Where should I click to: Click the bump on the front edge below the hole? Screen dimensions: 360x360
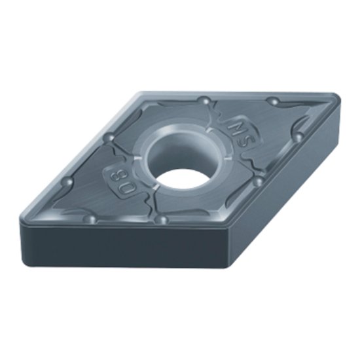click(x=161, y=219)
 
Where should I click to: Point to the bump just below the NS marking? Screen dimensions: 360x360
click(x=259, y=179)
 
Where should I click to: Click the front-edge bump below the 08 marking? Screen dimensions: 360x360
click(x=92, y=219)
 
